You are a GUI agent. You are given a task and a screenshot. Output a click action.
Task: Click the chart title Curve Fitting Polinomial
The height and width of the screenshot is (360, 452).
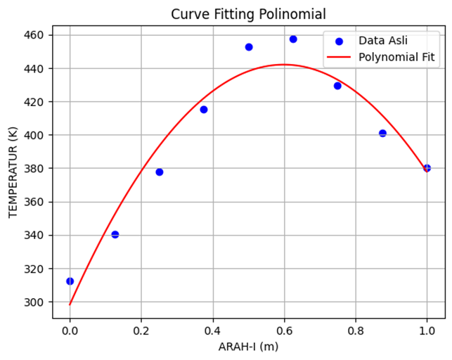pos(249,14)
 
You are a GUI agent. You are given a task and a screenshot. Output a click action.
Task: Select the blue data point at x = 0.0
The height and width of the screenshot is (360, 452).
pos(70,281)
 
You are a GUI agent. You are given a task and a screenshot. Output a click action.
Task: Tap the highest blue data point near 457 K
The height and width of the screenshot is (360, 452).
pos(293,39)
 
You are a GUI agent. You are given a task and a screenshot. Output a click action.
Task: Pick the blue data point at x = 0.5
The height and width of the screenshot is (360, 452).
pos(249,47)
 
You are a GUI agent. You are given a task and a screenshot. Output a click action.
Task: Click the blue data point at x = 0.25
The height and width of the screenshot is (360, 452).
pos(159,172)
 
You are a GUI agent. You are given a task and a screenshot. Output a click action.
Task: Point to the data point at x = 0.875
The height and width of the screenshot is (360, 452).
pos(382,133)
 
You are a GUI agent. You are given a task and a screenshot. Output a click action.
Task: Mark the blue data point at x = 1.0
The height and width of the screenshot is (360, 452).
pos(427,168)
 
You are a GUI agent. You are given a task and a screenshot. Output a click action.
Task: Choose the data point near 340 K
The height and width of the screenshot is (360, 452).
pos(115,235)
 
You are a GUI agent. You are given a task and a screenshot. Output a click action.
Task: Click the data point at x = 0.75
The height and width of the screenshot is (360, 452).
pos(337,86)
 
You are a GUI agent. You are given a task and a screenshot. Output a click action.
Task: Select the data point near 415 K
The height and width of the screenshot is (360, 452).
pos(204,110)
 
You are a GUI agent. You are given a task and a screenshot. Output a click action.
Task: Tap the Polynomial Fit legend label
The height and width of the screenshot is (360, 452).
pos(396,56)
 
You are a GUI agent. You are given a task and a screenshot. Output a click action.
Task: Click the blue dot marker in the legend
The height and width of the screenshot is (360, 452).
pos(339,40)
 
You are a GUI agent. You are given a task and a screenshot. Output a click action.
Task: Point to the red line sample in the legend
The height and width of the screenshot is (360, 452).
pos(339,56)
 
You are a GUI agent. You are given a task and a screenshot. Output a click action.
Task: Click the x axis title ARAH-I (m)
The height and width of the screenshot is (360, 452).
pos(249,347)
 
